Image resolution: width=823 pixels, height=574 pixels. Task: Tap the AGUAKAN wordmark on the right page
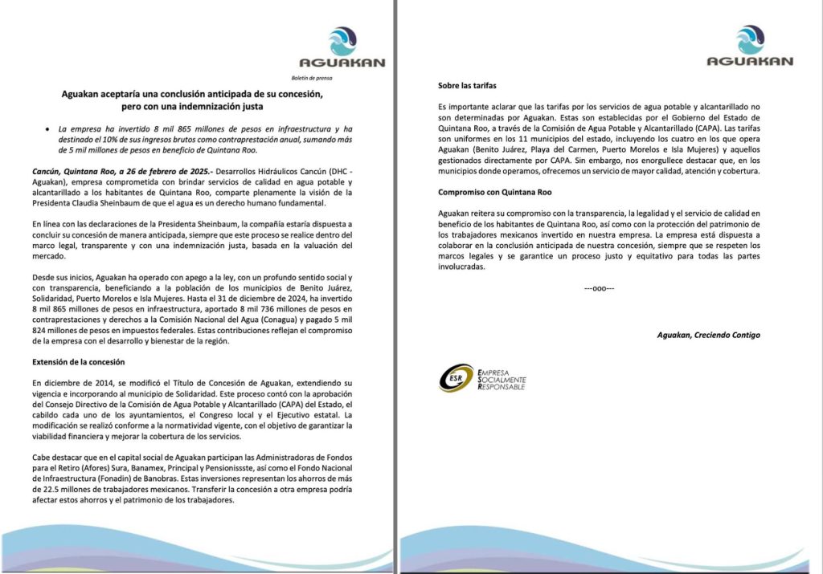coord(750,61)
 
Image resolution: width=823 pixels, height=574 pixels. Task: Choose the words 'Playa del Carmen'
coord(557,149)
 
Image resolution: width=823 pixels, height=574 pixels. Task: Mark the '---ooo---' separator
coord(598,287)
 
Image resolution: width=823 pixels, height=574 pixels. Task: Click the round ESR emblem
coord(456,378)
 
